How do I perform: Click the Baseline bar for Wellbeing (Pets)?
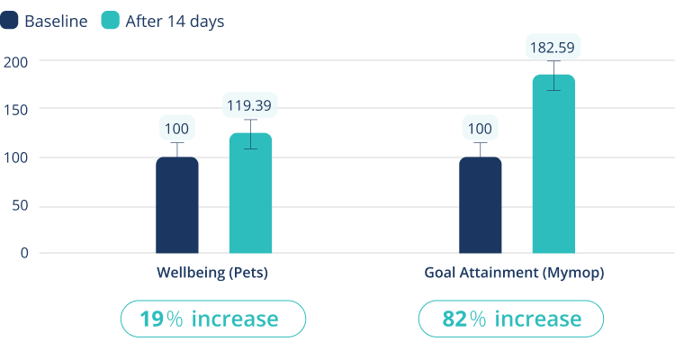(x=177, y=205)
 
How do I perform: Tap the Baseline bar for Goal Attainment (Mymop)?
(x=480, y=205)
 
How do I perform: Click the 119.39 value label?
(x=250, y=106)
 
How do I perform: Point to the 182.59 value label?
(x=553, y=46)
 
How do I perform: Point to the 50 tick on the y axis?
(x=19, y=205)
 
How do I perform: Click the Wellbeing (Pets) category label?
(x=212, y=272)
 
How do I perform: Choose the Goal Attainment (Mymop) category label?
(x=513, y=272)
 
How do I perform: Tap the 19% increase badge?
(x=213, y=319)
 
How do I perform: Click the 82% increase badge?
(x=510, y=319)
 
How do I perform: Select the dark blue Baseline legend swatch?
(x=9, y=21)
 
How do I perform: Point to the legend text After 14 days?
(x=175, y=21)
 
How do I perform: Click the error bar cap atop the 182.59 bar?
(x=553, y=62)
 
